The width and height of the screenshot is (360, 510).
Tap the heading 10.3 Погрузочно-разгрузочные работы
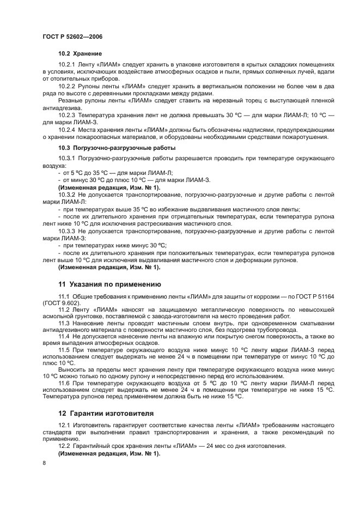pos(117,148)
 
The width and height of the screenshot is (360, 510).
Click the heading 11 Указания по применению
pos(108,284)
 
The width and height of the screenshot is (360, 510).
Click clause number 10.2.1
pos(66,64)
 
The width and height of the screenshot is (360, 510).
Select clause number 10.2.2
pos(66,86)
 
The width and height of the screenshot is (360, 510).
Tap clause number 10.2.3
pos(66,115)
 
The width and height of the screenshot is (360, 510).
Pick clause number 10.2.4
pos(66,130)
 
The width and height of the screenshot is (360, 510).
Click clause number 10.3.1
pos(66,158)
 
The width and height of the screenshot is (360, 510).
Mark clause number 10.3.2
pos(66,195)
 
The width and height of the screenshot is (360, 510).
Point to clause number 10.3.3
pos(66,230)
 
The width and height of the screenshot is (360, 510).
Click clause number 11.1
pos(64,295)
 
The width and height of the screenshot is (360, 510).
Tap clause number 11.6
pos(64,382)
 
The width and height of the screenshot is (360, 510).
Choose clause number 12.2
pos(64,446)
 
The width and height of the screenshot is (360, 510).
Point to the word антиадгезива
pos(59,108)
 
